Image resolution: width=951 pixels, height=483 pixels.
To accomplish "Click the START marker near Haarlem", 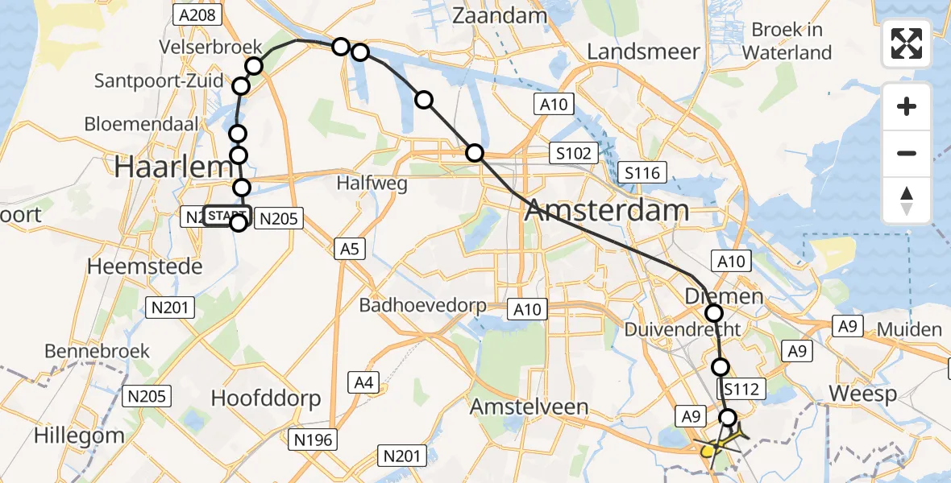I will [227, 216].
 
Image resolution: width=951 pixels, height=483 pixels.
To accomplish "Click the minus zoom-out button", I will [907, 153].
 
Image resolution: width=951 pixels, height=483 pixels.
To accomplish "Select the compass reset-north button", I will [907, 200].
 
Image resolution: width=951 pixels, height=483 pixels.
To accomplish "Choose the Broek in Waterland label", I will [787, 41].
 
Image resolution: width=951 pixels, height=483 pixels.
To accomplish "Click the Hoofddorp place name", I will [265, 398].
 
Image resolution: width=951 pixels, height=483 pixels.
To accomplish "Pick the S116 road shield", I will [642, 172].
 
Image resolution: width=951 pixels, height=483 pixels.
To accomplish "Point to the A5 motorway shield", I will [349, 250].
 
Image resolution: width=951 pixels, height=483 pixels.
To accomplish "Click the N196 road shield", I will [314, 440].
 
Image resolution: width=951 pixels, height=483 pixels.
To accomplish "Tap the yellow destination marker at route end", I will [707, 451].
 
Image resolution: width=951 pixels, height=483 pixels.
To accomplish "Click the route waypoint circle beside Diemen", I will [714, 313].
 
